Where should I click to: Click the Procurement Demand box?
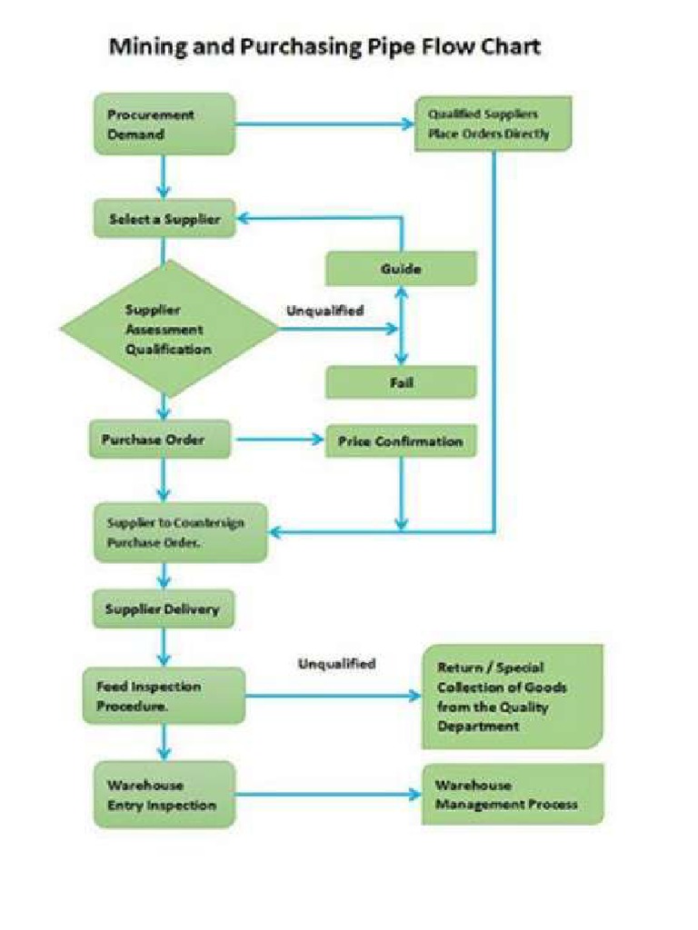(164, 124)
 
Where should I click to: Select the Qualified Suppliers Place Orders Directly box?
(494, 124)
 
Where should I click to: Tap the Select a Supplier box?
(164, 219)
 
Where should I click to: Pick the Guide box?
(401, 269)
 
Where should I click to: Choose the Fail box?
(401, 382)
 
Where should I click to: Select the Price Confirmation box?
(401, 441)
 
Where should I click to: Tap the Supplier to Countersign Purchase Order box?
(181, 533)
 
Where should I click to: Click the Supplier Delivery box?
(164, 608)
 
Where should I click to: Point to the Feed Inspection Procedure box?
(164, 696)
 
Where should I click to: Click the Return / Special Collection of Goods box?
(512, 697)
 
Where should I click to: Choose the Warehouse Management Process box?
(513, 795)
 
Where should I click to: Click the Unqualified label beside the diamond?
(325, 311)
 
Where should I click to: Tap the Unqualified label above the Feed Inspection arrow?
(336, 664)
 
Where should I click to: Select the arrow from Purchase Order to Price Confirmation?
(280, 441)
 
